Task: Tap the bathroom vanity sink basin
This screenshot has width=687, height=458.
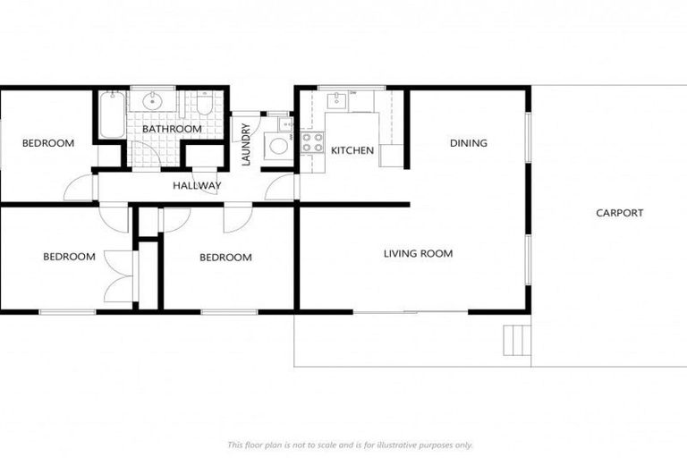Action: coord(153,101)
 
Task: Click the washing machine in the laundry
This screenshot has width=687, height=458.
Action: coord(280,146)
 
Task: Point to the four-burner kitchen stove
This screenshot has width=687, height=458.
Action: coord(312,141)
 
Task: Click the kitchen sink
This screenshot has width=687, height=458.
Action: coord(337,100)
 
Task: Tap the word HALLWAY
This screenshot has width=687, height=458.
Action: coord(197,186)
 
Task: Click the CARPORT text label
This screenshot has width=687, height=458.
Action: coord(619,213)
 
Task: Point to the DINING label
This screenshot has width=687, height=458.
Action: coord(468,143)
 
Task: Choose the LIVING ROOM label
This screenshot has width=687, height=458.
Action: coord(418,254)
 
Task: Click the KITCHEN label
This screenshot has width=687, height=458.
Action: coord(352,150)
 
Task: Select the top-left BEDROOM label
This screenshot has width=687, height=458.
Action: coord(48,143)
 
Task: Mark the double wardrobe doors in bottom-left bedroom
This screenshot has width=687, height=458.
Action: coord(119,276)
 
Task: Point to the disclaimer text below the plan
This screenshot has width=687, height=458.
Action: coord(350,445)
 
